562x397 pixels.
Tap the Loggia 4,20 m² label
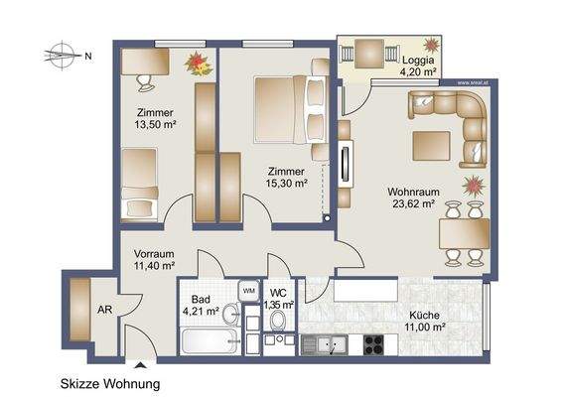417,66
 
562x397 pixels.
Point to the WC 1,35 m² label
280,299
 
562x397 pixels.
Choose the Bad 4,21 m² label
199,305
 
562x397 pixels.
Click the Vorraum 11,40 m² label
154,260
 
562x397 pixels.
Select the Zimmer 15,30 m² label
286,177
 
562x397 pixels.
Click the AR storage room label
104,309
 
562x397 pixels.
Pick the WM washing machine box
247,289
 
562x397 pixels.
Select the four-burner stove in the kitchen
375,344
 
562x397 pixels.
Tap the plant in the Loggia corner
431,45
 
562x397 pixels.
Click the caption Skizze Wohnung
109,383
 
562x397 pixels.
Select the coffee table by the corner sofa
431,141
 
